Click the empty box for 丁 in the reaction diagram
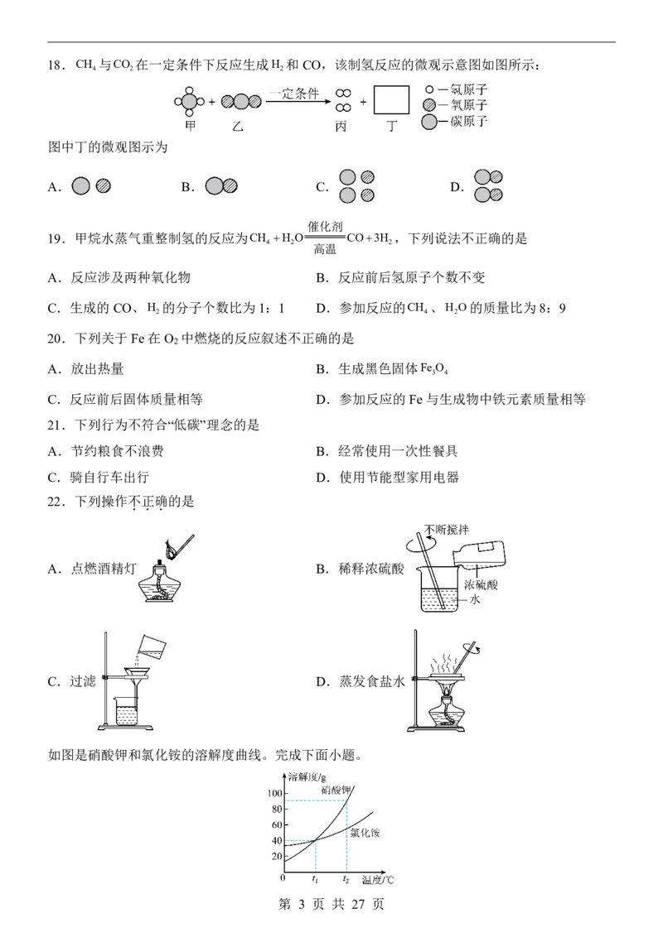[x=391, y=100]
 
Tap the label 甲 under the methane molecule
[x=191, y=126]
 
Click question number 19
[x=56, y=239]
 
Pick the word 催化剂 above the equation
[x=325, y=227]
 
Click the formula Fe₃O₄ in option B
[x=434, y=369]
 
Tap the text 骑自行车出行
[x=109, y=478]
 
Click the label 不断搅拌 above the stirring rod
[x=447, y=530]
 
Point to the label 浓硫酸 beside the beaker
[x=481, y=584]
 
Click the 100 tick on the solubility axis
[x=274, y=794]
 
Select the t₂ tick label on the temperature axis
[x=346, y=880]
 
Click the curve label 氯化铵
[x=365, y=833]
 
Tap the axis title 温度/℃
[x=378, y=880]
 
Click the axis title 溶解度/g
[x=307, y=777]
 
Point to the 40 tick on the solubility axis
[x=277, y=841]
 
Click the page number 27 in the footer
[x=358, y=904]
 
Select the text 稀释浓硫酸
[x=371, y=569]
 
